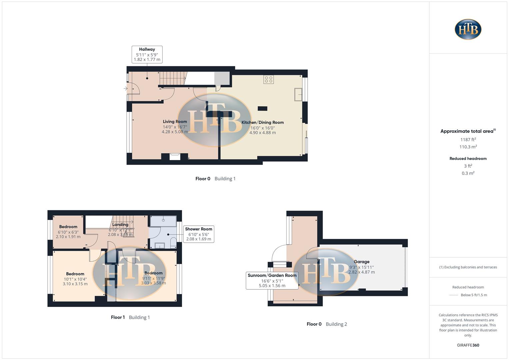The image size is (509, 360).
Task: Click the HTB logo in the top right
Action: [x=468, y=29]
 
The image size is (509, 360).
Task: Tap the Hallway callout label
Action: [x=147, y=54]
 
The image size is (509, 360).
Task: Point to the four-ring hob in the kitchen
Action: [x=269, y=79]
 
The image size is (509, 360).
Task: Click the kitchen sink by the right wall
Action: [x=298, y=94]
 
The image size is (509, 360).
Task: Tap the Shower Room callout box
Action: [x=199, y=234]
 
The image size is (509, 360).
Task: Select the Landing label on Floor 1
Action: [x=120, y=225]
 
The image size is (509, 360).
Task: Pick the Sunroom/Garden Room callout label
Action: [x=272, y=280]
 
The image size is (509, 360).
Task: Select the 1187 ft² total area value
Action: [x=468, y=140]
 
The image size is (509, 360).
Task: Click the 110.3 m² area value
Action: [x=468, y=147]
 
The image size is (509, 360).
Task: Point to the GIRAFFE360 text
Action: [x=468, y=345]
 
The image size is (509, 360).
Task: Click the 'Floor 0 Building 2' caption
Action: [x=327, y=324]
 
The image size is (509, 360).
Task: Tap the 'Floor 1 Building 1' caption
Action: [x=130, y=317]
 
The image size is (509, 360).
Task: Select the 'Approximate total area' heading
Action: [x=468, y=131]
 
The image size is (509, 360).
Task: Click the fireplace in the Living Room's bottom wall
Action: [x=175, y=156]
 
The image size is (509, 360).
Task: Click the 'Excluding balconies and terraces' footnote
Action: [x=468, y=267]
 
